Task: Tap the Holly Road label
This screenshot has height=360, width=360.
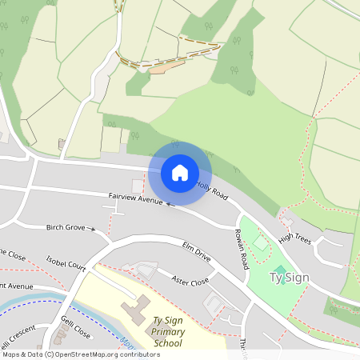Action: (212, 190)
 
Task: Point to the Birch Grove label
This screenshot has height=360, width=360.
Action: (65, 227)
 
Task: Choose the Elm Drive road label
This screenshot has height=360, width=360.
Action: (196, 252)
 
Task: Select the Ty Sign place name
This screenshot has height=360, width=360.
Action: (289, 278)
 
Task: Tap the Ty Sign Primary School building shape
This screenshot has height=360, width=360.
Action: (134, 308)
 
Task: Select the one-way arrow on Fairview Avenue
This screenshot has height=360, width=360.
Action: (168, 203)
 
